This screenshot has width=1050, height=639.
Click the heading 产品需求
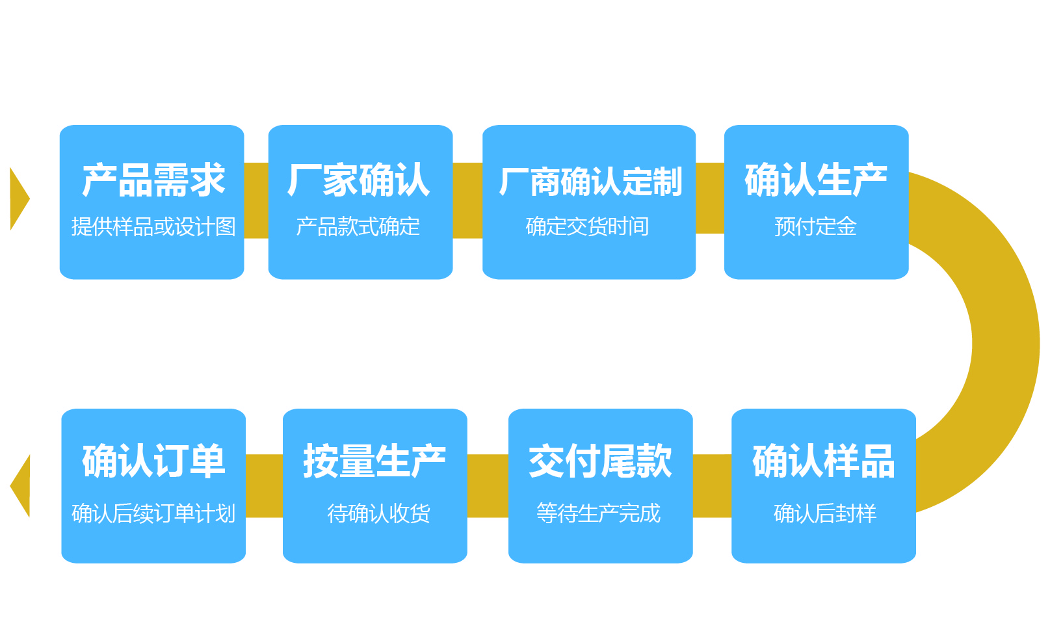coord(153,180)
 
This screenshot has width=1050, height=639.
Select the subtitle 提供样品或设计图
coord(153,226)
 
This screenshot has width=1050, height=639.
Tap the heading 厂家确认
coord(359,180)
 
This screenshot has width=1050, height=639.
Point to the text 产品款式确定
coord(358,226)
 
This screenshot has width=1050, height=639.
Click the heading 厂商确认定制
coord(590,182)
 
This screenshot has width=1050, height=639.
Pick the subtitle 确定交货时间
coord(588,226)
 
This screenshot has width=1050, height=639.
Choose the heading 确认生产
coord(816,180)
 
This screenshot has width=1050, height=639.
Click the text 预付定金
coord(815,226)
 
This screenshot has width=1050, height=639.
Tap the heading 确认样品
coord(824,461)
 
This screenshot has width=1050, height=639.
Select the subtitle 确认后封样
coord(825,513)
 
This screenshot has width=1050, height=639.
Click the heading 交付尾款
coord(600,461)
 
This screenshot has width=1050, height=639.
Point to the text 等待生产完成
coord(599,513)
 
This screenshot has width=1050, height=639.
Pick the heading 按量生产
coord(374,461)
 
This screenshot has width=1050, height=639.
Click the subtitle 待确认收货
coord(378,513)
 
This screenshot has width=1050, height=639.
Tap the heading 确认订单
coord(153,461)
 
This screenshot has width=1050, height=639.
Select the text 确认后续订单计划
coord(153,513)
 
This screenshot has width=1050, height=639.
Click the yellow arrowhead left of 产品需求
coord(18,198)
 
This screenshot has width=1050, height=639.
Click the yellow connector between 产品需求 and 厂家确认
coord(256,200)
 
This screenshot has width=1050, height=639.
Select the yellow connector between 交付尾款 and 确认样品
coord(712,485)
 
